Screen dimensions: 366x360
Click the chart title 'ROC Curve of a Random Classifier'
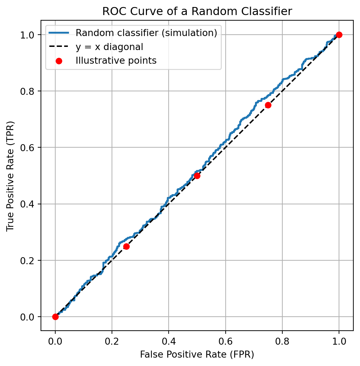click(197, 11)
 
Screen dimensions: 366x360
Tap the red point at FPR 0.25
click(126, 246)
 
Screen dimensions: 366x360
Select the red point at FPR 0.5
click(197, 176)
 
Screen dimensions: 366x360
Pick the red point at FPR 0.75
click(268, 105)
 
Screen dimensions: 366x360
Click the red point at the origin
click(55, 317)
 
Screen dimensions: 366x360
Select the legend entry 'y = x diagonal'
click(109, 47)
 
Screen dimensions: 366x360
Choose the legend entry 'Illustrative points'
click(116, 61)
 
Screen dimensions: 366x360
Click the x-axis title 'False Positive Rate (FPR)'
click(197, 354)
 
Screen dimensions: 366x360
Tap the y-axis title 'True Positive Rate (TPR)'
click(10, 176)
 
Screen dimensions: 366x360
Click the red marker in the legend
click(59, 61)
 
